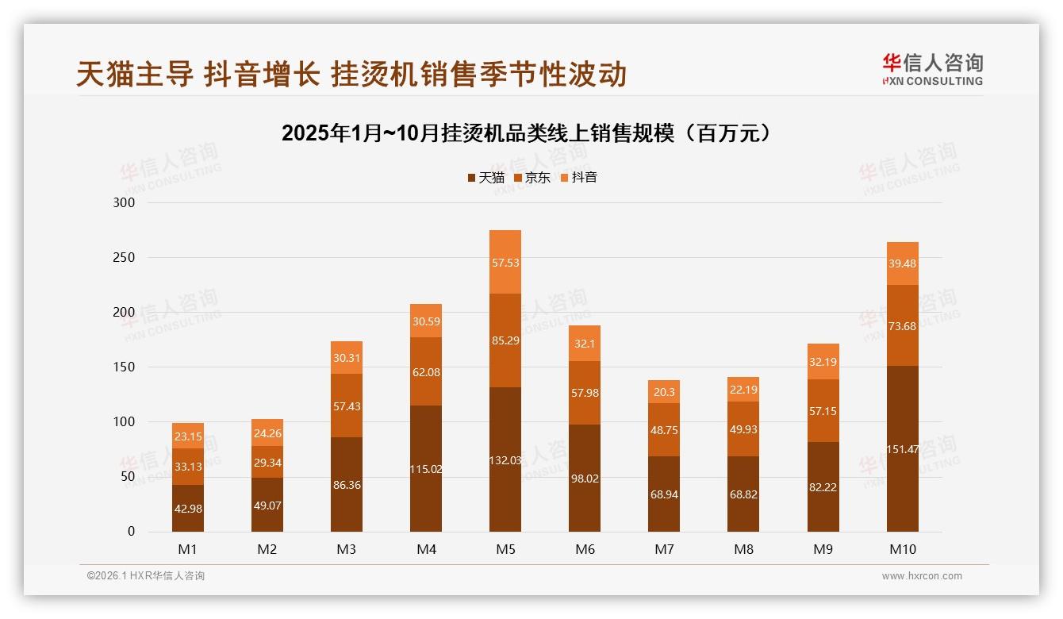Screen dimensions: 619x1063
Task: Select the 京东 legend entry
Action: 532,178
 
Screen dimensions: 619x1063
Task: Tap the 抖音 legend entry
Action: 579,178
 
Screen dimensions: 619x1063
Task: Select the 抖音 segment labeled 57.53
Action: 505,263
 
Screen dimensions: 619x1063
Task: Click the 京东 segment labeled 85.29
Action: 505,340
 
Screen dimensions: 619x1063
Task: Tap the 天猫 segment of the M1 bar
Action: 188,508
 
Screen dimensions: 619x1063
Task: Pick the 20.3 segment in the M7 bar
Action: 664,392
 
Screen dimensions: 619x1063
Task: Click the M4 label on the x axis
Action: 426,549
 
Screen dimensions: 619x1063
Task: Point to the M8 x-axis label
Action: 743,549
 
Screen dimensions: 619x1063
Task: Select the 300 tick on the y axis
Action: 125,203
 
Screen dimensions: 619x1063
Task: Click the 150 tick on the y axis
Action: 125,367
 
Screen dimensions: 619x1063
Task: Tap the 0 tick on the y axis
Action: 131,532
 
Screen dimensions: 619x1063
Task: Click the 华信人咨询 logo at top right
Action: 932,70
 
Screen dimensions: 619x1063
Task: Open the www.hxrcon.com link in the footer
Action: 922,576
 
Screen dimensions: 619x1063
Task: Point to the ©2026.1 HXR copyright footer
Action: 146,576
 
